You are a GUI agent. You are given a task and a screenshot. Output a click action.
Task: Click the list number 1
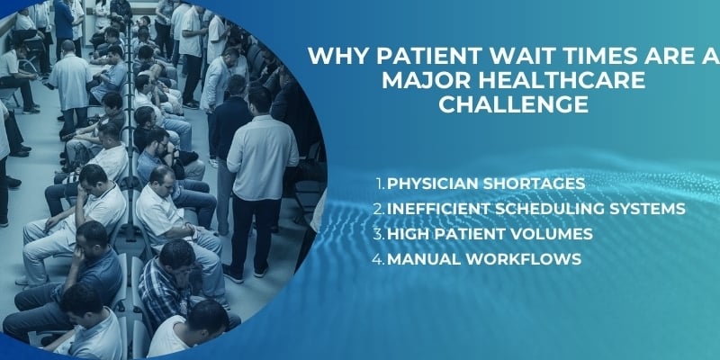tap(380, 184)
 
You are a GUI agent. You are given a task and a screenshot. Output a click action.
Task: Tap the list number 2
tap(380, 209)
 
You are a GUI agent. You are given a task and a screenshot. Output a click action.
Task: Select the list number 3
tap(380, 234)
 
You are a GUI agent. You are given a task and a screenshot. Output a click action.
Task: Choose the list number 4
tap(380, 259)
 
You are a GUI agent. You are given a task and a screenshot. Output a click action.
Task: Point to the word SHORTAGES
tap(535, 184)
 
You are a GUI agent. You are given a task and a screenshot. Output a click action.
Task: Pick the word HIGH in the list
tap(408, 234)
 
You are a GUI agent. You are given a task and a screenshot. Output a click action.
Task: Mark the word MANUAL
tap(422, 259)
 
